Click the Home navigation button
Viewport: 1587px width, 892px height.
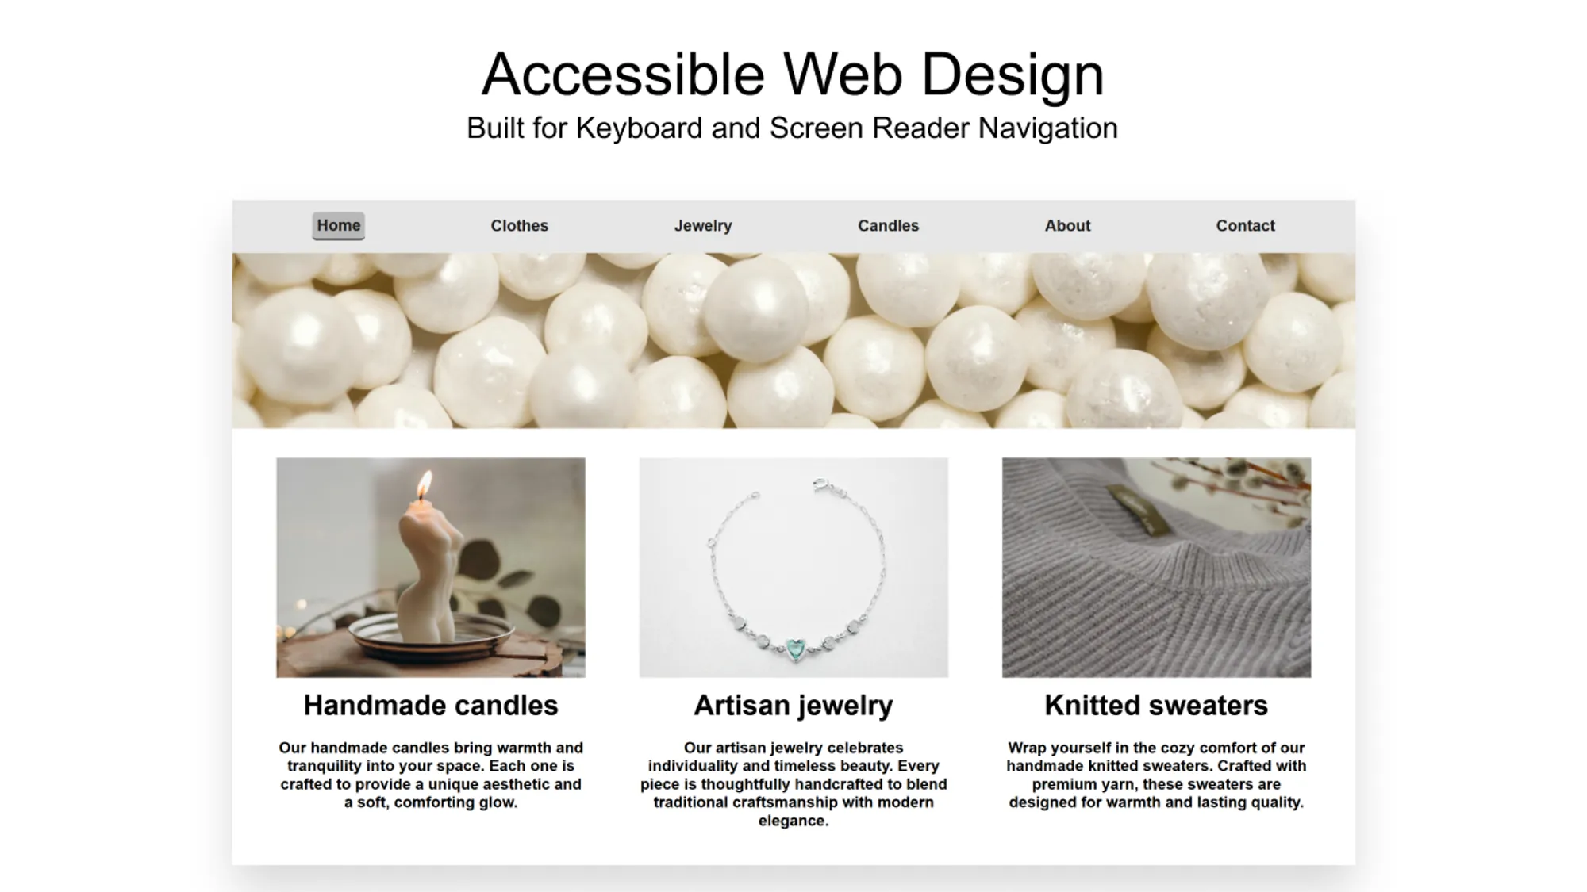tap(339, 225)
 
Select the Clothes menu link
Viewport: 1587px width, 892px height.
tap(519, 226)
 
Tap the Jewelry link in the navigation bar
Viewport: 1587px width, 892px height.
tap(703, 226)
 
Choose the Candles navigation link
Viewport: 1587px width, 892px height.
tap(888, 226)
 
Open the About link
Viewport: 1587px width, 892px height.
tap(1067, 226)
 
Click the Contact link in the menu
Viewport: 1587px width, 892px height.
tap(1245, 226)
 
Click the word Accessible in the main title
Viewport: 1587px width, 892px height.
tap(623, 75)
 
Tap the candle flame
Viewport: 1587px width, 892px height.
tap(425, 484)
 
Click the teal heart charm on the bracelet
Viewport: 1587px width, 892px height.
tap(794, 649)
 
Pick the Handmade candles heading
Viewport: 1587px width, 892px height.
tap(431, 705)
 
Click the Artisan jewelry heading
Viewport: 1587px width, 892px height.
tap(793, 705)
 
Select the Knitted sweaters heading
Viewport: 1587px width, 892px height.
tap(1156, 705)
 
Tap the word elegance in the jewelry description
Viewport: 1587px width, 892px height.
tap(793, 821)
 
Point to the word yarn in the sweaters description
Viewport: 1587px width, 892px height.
tap(1109, 784)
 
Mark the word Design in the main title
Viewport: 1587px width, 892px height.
tap(1013, 75)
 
